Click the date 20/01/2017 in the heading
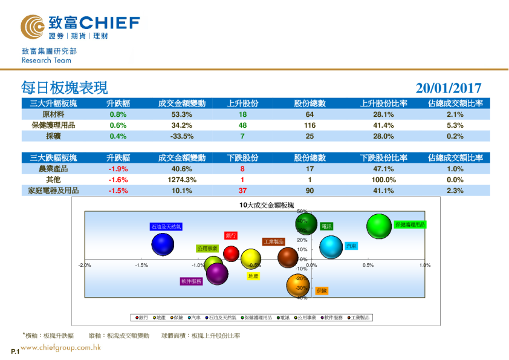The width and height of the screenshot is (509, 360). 449,88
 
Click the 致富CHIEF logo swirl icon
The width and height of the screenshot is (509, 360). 32,26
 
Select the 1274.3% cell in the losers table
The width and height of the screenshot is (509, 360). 182,180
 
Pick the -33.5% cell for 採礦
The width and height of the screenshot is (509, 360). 182,136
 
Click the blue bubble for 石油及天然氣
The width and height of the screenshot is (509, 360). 163,244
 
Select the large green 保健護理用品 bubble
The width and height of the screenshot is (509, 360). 379,226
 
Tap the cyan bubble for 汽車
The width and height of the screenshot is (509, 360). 331,247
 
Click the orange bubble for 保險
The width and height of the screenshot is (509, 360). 297,286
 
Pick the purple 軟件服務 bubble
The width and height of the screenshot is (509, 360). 217,274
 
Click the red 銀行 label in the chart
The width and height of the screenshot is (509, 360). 230,235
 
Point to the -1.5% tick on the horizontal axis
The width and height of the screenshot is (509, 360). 141,265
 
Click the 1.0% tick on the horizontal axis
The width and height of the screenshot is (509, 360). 424,265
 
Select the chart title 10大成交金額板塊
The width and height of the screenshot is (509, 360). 266,206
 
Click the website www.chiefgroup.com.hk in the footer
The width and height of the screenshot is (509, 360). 60,347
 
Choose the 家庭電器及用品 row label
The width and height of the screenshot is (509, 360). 53,191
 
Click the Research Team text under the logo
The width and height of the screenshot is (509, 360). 46,61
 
